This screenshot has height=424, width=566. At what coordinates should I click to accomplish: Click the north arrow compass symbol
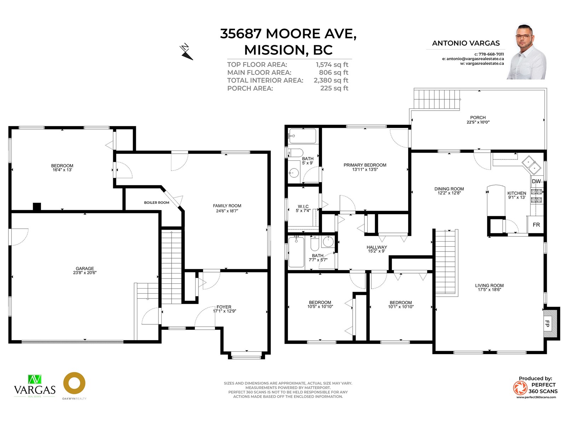coord(186,52)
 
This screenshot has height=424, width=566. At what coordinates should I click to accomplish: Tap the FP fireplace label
coord(547,324)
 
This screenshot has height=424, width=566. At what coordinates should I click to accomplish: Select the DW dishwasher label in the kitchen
coord(536,181)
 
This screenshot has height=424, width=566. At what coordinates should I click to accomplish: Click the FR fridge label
coord(536,225)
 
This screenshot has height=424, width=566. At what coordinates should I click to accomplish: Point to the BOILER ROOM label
coord(156,202)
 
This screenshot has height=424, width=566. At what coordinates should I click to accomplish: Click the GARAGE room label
coord(85,268)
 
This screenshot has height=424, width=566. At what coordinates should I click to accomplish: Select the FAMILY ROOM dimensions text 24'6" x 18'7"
coord(227,211)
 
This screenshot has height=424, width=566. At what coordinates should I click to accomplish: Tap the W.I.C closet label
coord(303,206)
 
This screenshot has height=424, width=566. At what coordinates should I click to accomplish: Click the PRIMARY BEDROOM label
coord(365,165)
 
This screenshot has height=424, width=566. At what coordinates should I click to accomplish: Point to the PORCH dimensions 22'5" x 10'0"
coord(478,122)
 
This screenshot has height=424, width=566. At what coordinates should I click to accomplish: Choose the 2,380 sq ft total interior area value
coord(331,80)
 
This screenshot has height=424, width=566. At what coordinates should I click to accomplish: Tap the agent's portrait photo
coord(526,52)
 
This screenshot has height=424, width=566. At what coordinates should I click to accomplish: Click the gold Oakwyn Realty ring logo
coord(74,383)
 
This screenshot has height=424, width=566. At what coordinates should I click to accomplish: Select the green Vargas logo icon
coord(35,379)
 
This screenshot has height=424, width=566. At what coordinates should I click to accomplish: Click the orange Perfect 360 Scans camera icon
coord(520,388)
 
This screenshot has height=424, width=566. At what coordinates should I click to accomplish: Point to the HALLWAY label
coord(377,247)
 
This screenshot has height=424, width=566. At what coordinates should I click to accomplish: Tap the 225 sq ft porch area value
coord(334,88)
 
